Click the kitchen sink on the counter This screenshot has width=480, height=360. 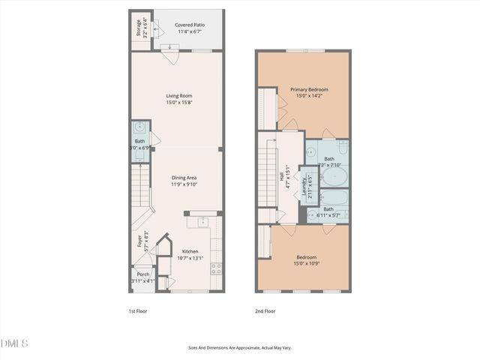click(x=203, y=221)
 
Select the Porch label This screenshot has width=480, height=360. click(x=142, y=274)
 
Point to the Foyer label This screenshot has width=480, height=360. click(x=139, y=241)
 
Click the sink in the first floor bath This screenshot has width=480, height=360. click(x=139, y=127)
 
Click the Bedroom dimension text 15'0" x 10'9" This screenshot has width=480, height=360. click(x=306, y=263)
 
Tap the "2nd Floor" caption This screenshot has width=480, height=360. click(x=265, y=310)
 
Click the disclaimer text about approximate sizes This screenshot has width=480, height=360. click(x=239, y=348)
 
